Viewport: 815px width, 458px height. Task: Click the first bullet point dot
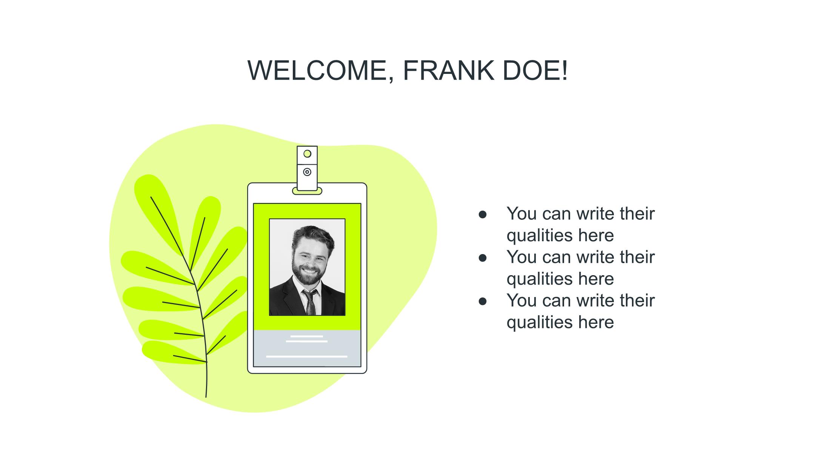(483, 214)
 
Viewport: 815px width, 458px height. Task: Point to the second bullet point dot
(483, 258)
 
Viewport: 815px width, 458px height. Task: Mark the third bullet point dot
(483, 301)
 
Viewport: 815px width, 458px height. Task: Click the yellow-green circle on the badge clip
(308, 154)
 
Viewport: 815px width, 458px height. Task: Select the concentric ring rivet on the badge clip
(308, 172)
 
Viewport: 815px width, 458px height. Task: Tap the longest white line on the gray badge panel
(307, 356)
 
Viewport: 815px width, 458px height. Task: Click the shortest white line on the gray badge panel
(307, 336)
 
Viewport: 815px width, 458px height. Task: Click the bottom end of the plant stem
(206, 397)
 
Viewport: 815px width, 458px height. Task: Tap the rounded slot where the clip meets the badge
(307, 191)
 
